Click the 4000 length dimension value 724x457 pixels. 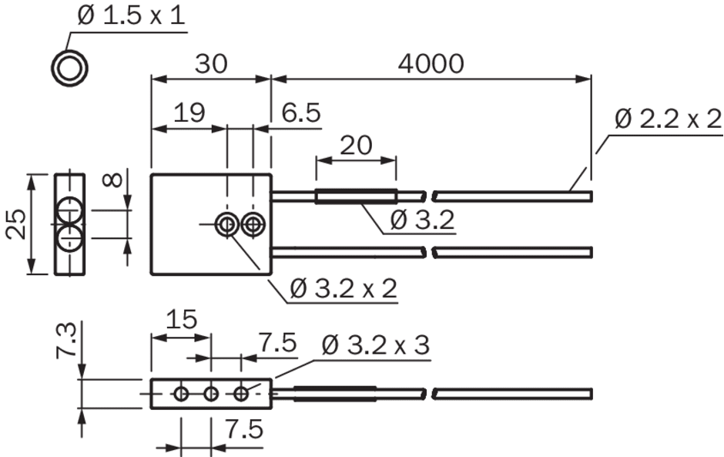pos(431,64)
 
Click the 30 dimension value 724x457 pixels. pos(211,64)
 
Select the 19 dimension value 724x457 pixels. pos(189,113)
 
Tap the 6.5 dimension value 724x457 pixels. pos(301,113)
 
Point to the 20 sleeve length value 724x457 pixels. pos(356,146)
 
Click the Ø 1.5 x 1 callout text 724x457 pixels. pos(131,15)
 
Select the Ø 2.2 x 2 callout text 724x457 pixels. pos(668,119)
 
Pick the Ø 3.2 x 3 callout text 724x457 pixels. pos(376,345)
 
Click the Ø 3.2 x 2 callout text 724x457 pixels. pos(344,289)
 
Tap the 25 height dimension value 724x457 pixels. pos(17,224)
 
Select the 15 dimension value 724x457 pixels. pos(182,319)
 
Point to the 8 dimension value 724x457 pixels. pos(113,180)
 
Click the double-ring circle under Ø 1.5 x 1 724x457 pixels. pos(69,52)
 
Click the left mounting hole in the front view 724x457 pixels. pos(227,225)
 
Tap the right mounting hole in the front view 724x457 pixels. pos(253,225)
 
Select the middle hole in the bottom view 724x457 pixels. pos(211,394)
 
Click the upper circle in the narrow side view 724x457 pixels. pos(70,198)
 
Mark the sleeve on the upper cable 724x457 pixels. pos(356,197)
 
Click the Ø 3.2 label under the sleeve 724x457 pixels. pos(422,220)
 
